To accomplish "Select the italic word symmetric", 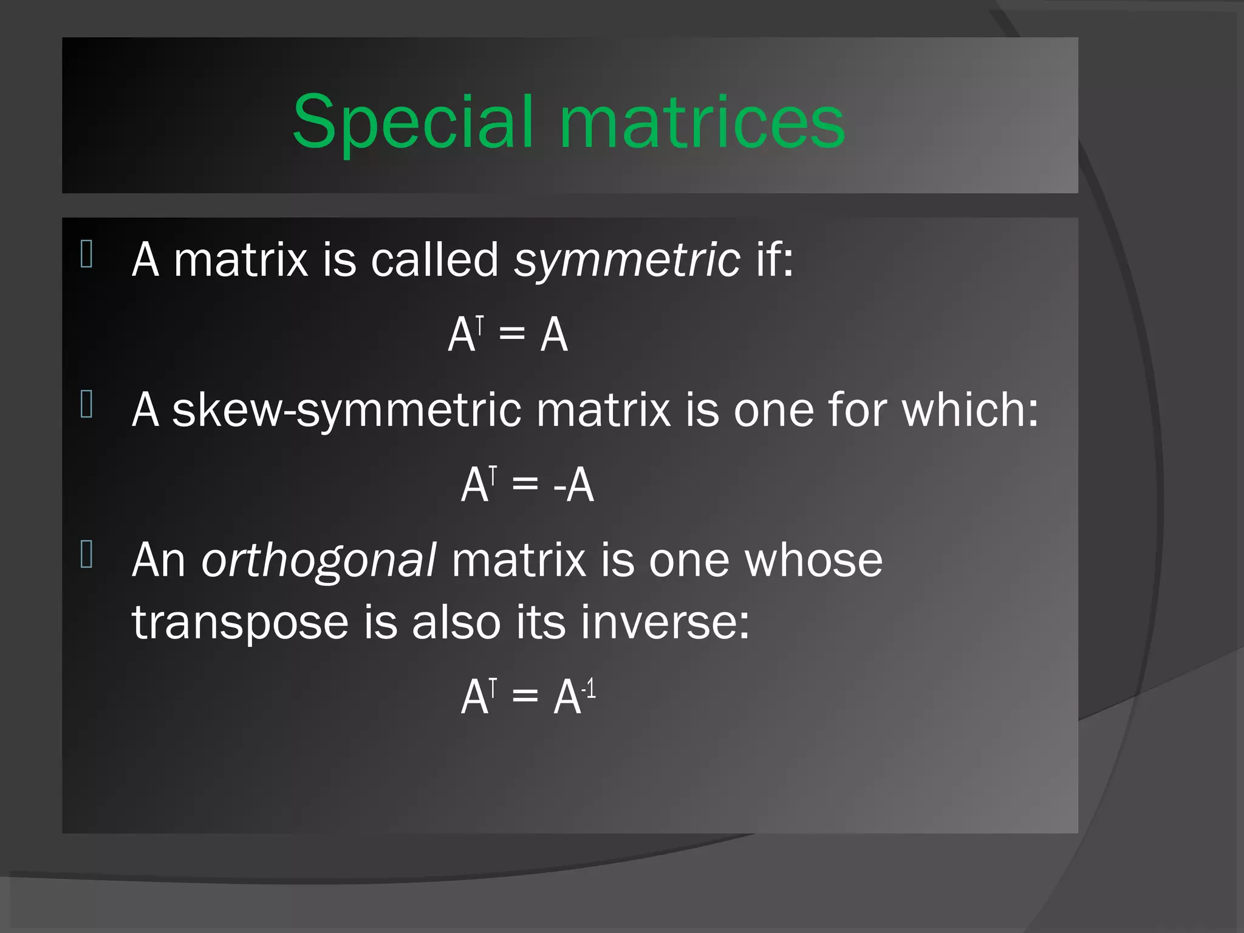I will pos(627,260).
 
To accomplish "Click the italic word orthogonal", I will pos(318,560).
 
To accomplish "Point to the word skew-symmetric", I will pos(347,410).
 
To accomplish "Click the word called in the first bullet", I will pos(435,259).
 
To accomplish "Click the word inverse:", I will pos(665,622).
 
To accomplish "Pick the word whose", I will pos(814,560).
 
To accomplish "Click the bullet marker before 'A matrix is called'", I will pos(86,254).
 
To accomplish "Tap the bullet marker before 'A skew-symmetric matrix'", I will pos(86,404).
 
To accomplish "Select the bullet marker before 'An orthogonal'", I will pos(86,554).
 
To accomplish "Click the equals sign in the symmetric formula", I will pos(511,334).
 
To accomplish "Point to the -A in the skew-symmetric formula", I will pos(573,485).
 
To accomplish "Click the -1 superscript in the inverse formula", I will pos(589,689).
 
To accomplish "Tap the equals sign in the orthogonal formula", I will pos(525,696).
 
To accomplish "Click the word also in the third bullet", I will pos(456,622).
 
